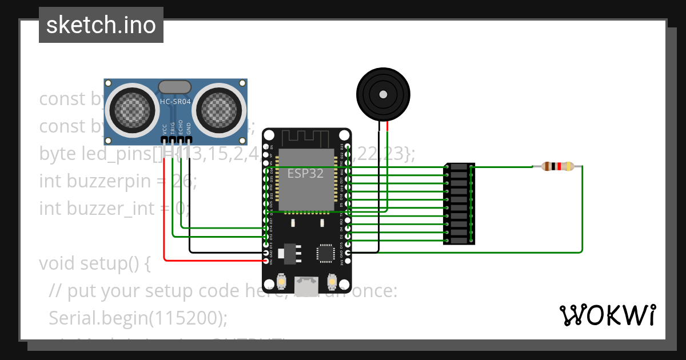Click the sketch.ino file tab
click(x=101, y=26)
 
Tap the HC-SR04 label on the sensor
click(x=175, y=102)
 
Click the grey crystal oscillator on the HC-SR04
click(x=174, y=86)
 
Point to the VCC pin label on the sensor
click(x=165, y=129)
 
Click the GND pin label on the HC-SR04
click(x=189, y=129)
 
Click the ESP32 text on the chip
click(x=305, y=174)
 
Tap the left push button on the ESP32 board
click(x=281, y=282)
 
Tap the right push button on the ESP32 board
click(x=332, y=282)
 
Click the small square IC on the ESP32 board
click(x=326, y=253)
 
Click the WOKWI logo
click(x=607, y=315)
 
